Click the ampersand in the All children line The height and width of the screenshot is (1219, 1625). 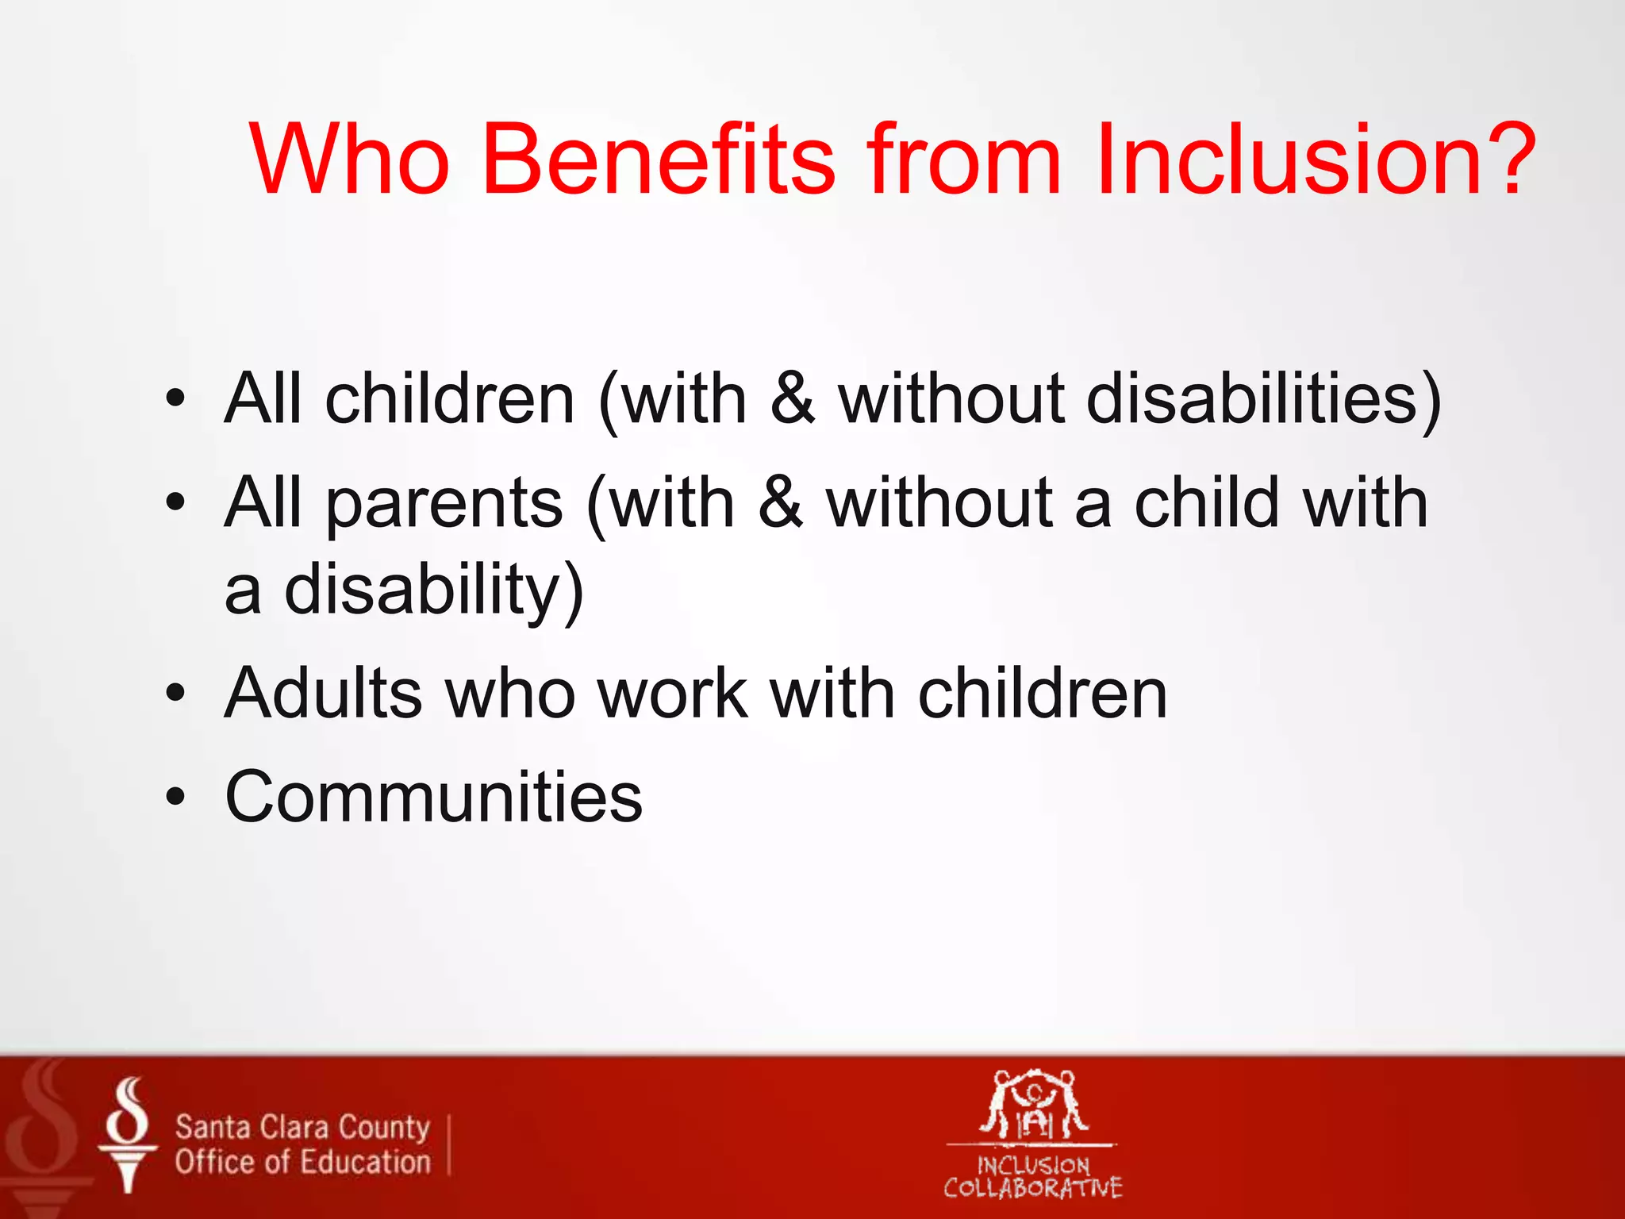792,398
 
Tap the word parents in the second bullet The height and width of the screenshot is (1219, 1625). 444,505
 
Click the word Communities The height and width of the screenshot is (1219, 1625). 433,797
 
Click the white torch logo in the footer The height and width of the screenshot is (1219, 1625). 128,1134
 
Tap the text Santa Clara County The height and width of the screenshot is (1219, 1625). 302,1127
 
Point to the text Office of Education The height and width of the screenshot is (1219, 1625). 302,1163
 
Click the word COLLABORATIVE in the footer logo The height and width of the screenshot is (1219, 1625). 1032,1188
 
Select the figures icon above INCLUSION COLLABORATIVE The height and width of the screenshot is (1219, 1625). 1032,1104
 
